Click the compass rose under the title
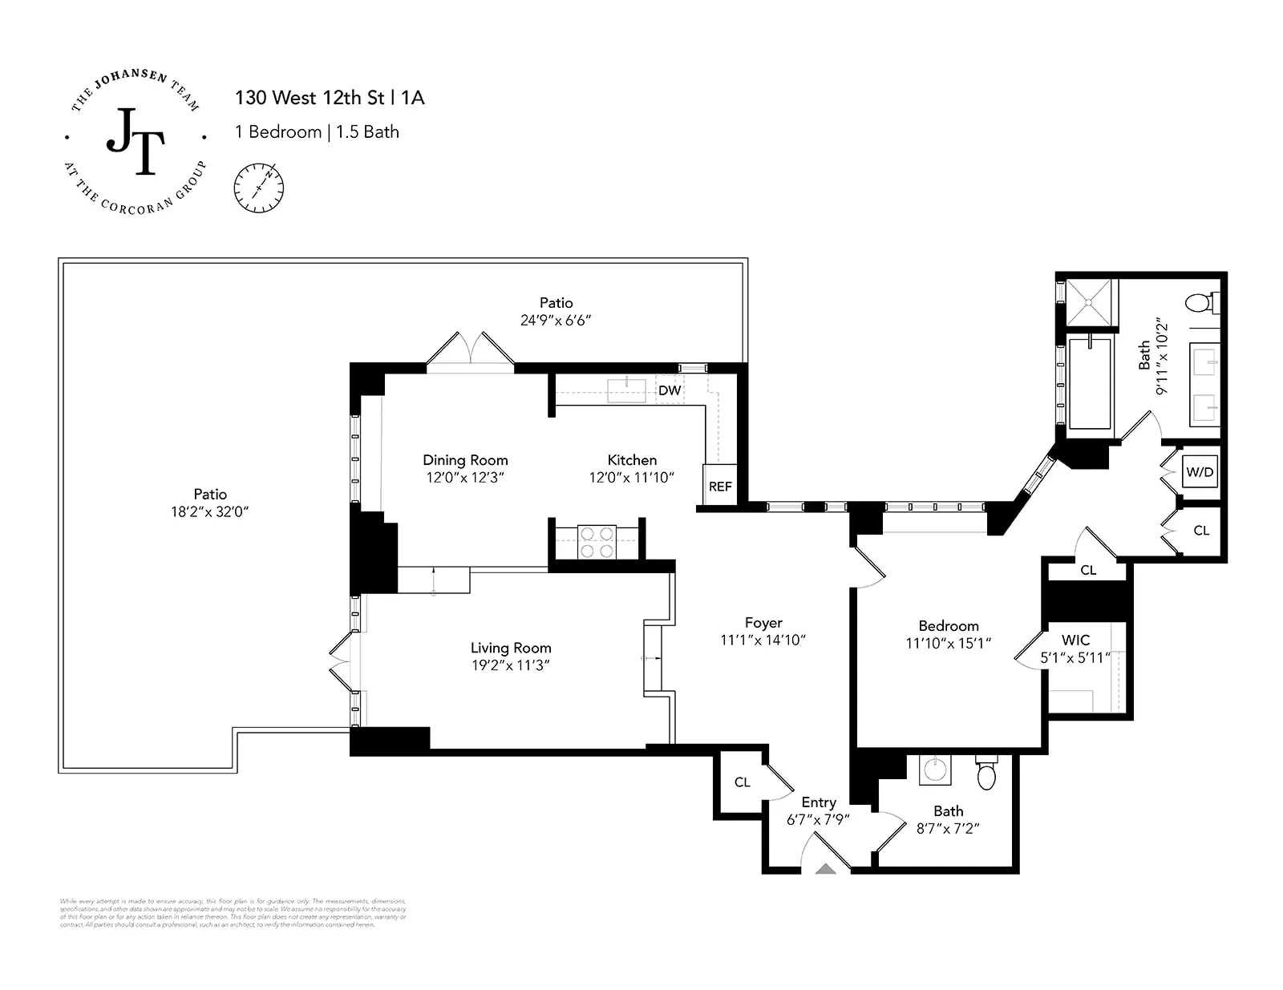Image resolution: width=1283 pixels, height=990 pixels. [259, 188]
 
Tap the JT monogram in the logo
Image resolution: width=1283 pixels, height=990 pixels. [136, 142]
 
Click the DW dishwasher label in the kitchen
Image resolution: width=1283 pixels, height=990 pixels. [670, 390]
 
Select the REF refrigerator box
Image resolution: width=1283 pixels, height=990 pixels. [720, 486]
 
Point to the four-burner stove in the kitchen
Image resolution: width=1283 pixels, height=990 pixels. [597, 542]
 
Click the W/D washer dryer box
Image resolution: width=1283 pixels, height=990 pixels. [1200, 472]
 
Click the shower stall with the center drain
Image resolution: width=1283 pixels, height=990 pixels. [1091, 302]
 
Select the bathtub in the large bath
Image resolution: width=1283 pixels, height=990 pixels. [1090, 382]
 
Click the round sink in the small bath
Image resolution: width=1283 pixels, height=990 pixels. [934, 770]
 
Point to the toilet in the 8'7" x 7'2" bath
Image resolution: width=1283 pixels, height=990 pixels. [986, 773]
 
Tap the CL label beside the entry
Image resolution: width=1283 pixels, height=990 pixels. [742, 782]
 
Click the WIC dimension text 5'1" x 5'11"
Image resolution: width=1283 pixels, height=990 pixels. [1075, 657]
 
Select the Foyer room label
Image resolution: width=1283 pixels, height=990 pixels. [763, 623]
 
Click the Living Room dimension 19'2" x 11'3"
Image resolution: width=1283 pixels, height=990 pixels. [511, 665]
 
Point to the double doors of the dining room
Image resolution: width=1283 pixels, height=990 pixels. [471, 350]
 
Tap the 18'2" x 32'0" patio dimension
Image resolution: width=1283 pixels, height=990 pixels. [210, 511]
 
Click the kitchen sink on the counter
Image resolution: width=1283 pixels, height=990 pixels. [626, 390]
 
